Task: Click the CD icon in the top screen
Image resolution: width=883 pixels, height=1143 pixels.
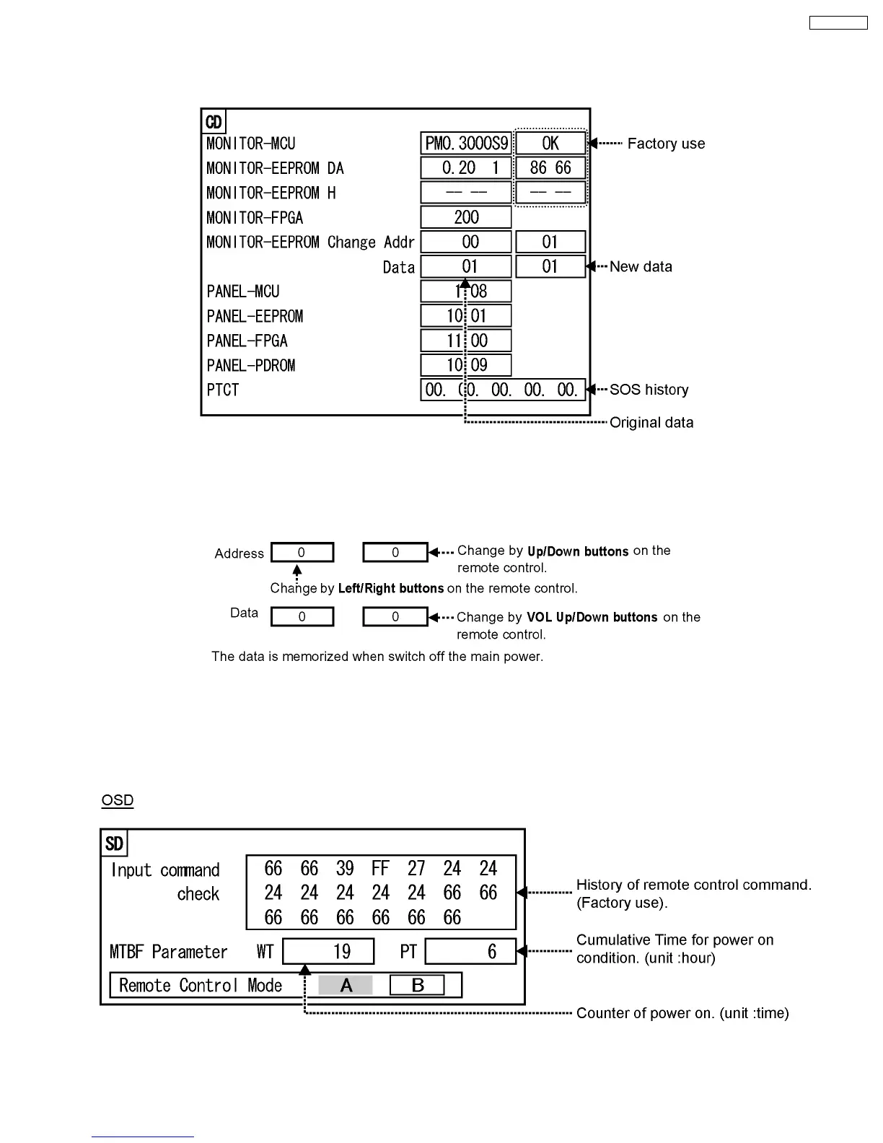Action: click(214, 122)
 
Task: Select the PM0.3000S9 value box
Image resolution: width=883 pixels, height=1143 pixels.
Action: click(466, 144)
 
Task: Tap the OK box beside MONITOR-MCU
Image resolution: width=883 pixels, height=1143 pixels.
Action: click(550, 144)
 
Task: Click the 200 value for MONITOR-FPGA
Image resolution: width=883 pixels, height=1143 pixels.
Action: click(466, 217)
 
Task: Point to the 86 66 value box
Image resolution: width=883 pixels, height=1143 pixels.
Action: click(550, 168)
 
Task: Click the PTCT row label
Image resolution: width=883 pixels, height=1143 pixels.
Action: click(223, 390)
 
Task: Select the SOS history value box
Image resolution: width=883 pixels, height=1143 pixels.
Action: click(502, 390)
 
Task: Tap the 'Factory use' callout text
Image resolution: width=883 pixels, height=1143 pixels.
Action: click(666, 144)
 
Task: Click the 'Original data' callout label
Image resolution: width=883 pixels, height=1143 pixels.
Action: click(651, 423)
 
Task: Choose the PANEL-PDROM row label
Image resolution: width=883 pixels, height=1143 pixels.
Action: click(251, 365)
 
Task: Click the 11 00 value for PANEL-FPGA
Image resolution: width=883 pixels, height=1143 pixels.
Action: click(466, 341)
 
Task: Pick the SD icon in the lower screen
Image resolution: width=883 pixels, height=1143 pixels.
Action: click(114, 844)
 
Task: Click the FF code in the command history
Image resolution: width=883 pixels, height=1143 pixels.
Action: click(380, 868)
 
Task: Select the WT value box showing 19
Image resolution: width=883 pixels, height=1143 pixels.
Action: click(328, 951)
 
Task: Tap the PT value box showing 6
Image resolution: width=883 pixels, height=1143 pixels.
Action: click(470, 951)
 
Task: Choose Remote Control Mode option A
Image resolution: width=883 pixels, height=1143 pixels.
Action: click(346, 985)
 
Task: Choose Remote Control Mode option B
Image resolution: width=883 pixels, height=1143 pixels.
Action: click(417, 985)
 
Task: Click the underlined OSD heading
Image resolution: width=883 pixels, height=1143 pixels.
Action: click(118, 800)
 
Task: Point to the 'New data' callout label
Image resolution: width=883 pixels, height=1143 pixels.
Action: click(641, 267)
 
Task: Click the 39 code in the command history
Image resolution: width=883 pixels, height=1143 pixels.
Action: click(345, 868)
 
